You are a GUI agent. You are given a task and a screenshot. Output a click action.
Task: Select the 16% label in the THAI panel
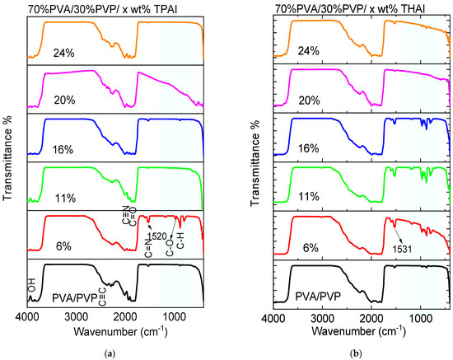pyautogui.click(x=309, y=148)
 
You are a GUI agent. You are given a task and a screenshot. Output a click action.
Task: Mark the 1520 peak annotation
pyautogui.click(x=156, y=235)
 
